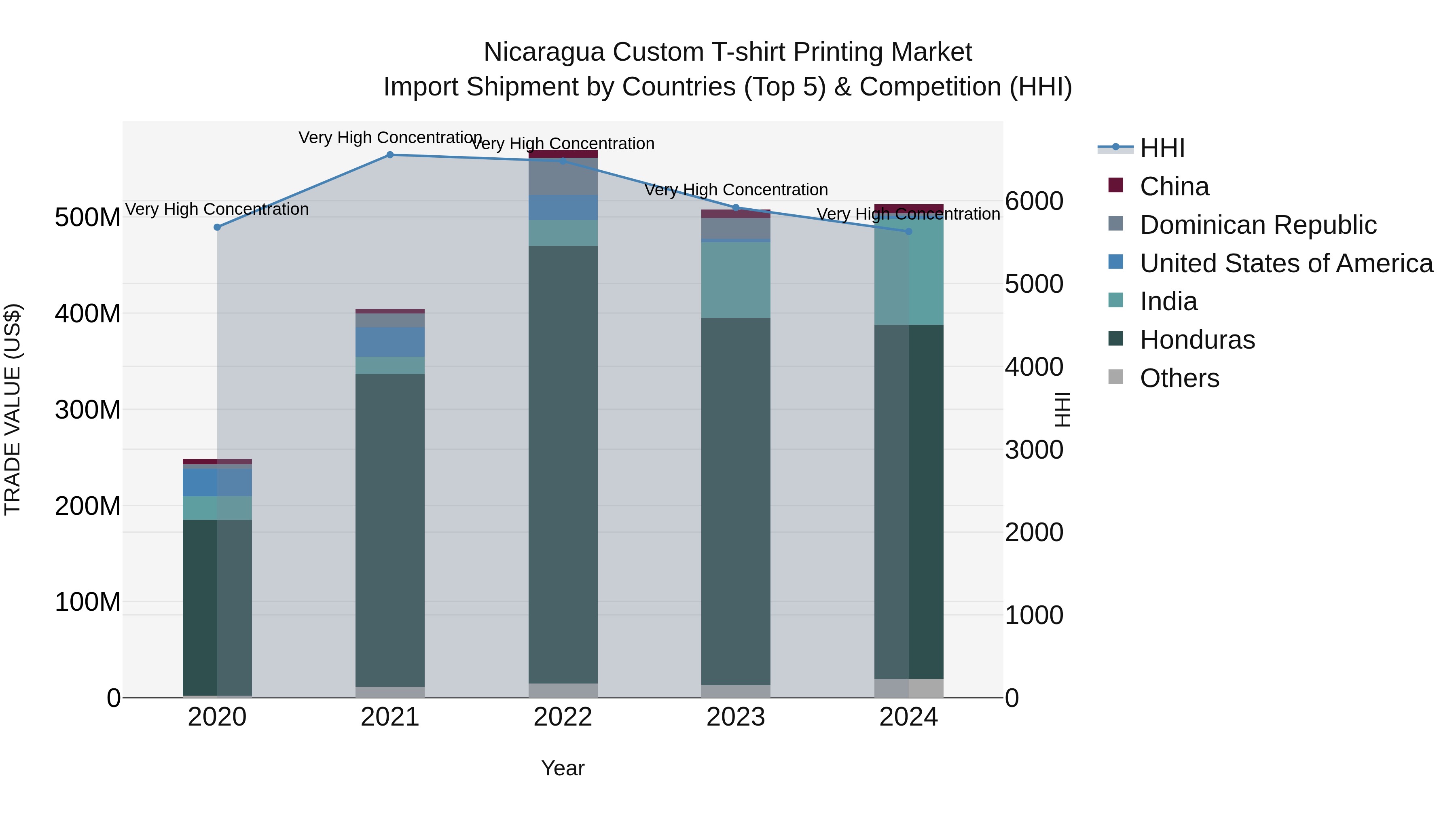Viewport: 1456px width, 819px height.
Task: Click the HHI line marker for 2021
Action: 389,155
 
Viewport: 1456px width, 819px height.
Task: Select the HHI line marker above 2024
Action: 908,231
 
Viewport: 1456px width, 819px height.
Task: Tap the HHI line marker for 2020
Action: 217,227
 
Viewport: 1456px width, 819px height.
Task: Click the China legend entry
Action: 1174,186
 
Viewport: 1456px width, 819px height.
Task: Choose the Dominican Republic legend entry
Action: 1257,225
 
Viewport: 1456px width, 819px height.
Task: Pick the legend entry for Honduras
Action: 1197,340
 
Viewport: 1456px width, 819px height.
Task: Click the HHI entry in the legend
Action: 1162,148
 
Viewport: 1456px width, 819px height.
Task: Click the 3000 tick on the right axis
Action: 1033,450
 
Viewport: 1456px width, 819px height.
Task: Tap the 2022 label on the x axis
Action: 563,717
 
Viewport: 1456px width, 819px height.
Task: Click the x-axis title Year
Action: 563,768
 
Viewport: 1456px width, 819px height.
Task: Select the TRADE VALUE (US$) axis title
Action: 13,409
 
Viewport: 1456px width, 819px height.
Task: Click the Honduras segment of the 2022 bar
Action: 563,463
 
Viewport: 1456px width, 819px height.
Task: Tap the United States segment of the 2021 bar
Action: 389,342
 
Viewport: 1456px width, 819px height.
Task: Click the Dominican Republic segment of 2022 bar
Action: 563,176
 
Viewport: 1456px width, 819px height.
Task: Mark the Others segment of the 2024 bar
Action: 908,688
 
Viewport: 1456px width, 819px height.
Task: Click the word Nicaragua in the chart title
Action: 544,53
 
